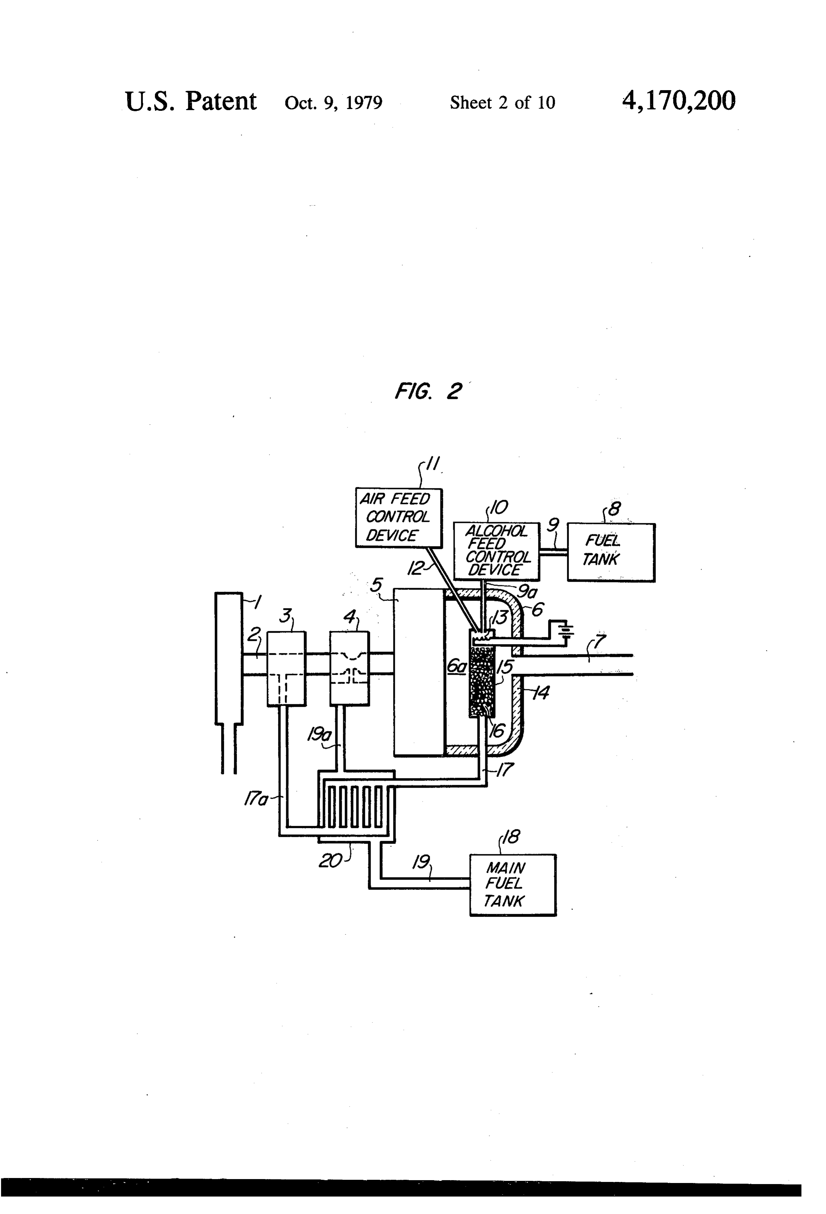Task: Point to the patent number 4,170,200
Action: pyautogui.click(x=679, y=101)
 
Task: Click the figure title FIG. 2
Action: pyautogui.click(x=428, y=391)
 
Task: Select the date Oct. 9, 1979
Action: pyautogui.click(x=333, y=102)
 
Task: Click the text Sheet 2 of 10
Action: pyautogui.click(x=502, y=102)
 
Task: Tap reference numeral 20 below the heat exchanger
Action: pyautogui.click(x=330, y=860)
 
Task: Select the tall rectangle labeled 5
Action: pyautogui.click(x=419, y=672)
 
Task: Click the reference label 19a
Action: pyautogui.click(x=319, y=735)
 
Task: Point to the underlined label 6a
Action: pyautogui.click(x=456, y=666)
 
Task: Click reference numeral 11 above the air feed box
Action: pyautogui.click(x=431, y=464)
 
